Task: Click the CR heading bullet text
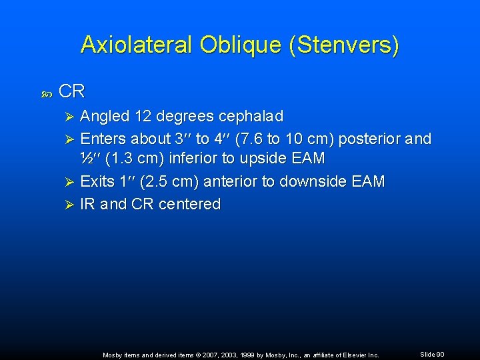[72, 91]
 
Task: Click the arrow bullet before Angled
[67, 117]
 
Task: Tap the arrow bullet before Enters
[67, 139]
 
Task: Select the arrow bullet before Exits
[67, 182]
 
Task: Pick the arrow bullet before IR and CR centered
[67, 205]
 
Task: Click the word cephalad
[251, 117]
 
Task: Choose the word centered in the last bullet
[189, 205]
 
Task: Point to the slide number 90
[440, 355]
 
